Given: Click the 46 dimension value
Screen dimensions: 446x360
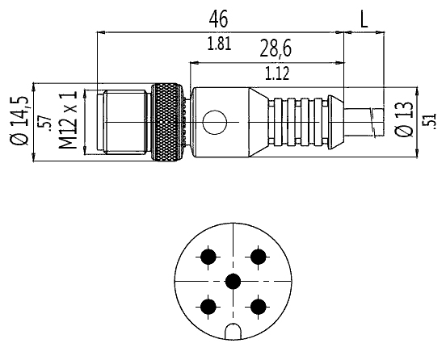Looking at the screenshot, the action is click(218, 19).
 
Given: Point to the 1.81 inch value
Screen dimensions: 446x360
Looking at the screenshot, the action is click(219, 44).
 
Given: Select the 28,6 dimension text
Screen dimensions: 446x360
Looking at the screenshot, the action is click(276, 48).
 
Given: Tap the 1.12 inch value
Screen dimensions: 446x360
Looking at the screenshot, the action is click(277, 73).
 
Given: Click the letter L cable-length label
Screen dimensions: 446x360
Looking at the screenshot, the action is click(364, 19).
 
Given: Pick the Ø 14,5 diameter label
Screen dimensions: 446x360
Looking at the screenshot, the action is click(19, 120).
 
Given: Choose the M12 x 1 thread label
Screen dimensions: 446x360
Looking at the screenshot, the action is click(68, 120).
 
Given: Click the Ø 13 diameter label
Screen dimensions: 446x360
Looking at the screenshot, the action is click(404, 119).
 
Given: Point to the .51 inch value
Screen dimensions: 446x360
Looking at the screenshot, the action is click(431, 122).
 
